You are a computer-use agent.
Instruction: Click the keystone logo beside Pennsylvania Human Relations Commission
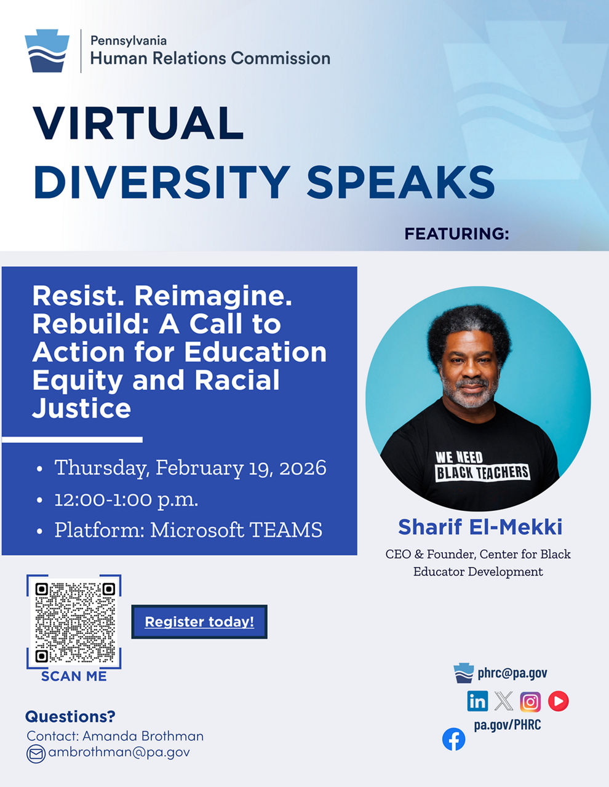[47, 50]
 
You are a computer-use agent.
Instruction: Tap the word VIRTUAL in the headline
[138, 123]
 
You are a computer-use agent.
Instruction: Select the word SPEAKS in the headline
[400, 182]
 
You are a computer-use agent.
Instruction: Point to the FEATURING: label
[456, 234]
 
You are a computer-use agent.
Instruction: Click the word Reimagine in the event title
[213, 297]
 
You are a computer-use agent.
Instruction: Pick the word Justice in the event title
[82, 409]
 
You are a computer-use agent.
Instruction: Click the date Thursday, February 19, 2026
[190, 467]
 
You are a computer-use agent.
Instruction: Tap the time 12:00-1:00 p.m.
[126, 500]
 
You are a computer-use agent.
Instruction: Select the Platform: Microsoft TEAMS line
[188, 530]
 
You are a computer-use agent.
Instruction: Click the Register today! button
[199, 622]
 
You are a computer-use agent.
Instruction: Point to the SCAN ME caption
[74, 676]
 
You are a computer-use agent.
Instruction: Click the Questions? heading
[70, 717]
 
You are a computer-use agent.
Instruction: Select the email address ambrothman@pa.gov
[119, 752]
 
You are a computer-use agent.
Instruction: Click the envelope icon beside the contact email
[36, 754]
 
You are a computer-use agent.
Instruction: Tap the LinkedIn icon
[477, 701]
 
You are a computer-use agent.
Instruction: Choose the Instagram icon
[530, 702]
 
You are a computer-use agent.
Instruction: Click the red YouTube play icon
[559, 701]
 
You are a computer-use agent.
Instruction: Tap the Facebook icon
[453, 739]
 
